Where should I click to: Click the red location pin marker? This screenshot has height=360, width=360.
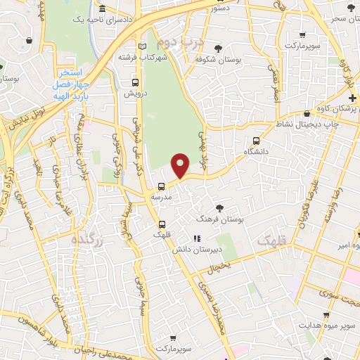tap(181, 165)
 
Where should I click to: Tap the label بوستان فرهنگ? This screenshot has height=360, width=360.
tap(221, 220)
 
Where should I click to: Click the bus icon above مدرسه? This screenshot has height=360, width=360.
tap(162, 186)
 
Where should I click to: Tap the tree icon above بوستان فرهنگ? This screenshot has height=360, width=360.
tap(220, 208)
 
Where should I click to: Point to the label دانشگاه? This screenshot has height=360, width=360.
tap(257, 152)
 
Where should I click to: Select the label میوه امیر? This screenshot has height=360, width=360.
tap(346, 247)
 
